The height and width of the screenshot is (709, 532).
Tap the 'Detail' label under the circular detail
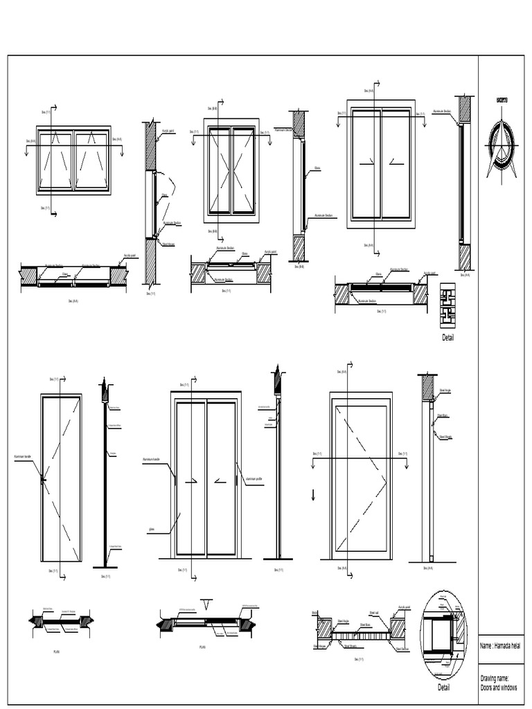(x=443, y=688)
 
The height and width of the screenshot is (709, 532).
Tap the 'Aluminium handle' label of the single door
(x=24, y=458)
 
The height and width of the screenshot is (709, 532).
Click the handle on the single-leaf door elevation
(x=43, y=478)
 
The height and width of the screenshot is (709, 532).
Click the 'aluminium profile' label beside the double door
(x=255, y=477)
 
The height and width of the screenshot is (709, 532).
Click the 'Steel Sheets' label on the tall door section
(x=445, y=437)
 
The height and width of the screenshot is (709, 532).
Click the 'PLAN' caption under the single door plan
(x=57, y=652)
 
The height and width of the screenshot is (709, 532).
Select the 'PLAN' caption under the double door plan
(x=202, y=647)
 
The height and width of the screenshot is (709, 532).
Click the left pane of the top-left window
(x=55, y=161)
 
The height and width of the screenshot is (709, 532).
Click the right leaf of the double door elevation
(x=222, y=478)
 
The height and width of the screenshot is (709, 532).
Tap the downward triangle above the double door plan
(x=206, y=601)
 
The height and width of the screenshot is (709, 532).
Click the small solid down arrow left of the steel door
(x=314, y=494)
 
